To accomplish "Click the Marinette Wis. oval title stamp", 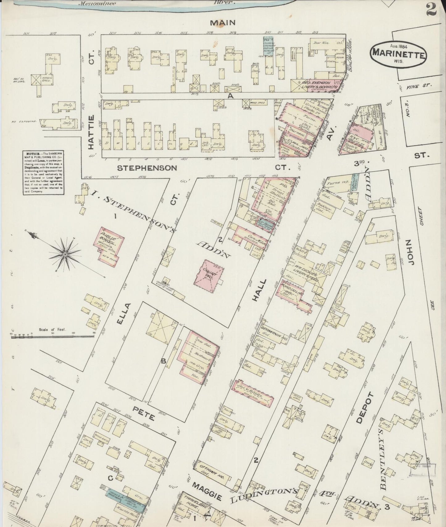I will (398, 53).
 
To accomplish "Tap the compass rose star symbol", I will (65, 254).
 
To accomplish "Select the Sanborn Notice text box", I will (43, 172).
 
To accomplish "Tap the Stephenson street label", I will (147, 168).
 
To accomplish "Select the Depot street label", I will (361, 408).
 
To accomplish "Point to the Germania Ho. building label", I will (274, 331).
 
